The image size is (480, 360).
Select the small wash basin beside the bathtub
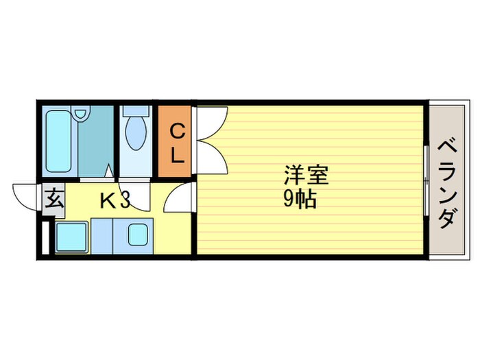click(82, 115)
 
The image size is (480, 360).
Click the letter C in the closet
click(176, 130)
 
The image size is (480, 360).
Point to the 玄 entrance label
click(54, 201)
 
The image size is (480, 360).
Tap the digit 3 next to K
click(125, 201)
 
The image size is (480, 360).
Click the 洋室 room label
click(307, 176)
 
